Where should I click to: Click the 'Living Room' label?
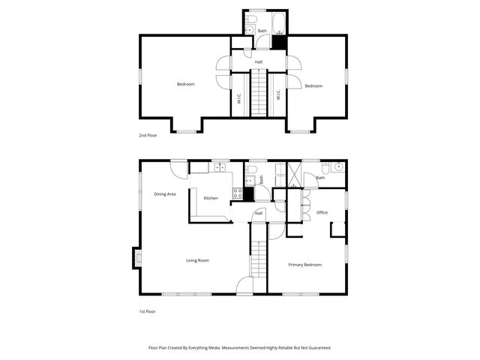(198, 260)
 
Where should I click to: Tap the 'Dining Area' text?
(165, 194)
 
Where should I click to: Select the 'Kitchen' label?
(211, 198)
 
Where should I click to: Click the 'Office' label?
(322, 212)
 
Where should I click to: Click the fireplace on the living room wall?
(136, 257)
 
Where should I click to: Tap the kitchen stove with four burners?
(238, 193)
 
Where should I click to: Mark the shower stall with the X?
(292, 175)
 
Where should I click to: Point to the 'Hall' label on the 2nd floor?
(259, 61)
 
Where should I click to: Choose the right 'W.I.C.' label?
(278, 95)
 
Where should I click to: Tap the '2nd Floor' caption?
(148, 135)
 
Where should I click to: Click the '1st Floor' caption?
(147, 310)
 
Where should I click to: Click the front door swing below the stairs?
(244, 285)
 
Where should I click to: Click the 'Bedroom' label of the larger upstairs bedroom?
(185, 84)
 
